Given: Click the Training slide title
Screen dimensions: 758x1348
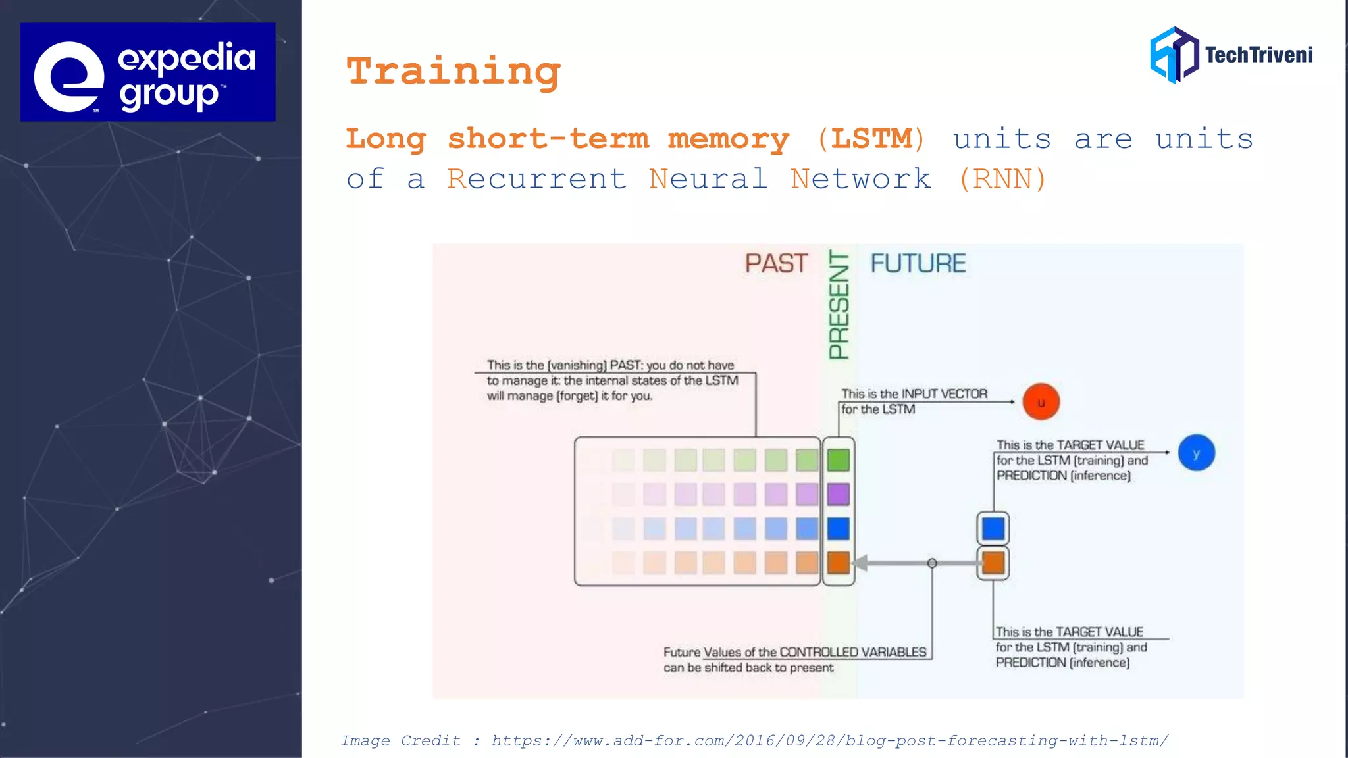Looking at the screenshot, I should [x=454, y=71].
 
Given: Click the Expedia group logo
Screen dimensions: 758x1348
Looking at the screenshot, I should [x=147, y=72].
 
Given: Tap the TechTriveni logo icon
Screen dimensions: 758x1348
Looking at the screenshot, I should [x=1174, y=55].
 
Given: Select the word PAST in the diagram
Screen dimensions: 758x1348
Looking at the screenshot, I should [x=776, y=263].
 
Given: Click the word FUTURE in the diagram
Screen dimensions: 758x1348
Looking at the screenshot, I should [x=918, y=263].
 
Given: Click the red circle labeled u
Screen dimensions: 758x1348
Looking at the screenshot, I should [x=1041, y=402].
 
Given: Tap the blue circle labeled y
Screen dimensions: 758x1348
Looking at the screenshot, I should [x=1196, y=453].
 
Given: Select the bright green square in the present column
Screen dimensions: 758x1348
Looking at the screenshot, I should [x=838, y=460].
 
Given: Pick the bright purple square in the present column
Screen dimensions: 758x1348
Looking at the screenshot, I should [x=838, y=494].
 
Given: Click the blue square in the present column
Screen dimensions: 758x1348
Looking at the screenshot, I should [x=838, y=528].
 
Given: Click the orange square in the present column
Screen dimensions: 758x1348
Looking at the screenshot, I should [x=838, y=563].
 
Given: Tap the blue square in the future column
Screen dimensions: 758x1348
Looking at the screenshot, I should [x=993, y=528].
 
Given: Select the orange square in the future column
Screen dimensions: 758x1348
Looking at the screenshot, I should [x=993, y=563].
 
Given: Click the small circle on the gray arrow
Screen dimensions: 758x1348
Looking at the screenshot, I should [x=932, y=563].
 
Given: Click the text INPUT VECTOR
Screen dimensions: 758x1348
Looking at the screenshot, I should [x=944, y=393].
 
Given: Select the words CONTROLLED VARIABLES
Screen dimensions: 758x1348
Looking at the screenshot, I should [x=852, y=652].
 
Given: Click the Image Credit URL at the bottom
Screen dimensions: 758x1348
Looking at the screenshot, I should [x=829, y=741].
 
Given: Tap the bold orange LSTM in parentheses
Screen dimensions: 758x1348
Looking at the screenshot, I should [x=871, y=139].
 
